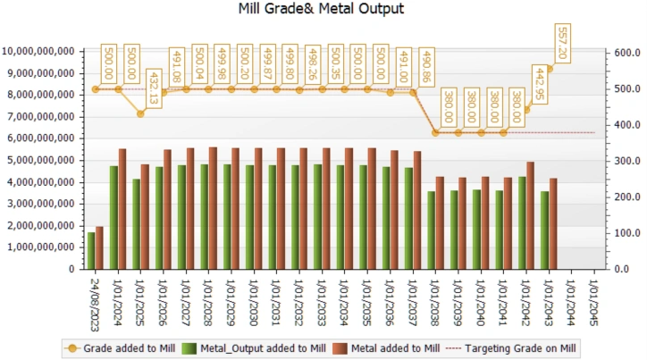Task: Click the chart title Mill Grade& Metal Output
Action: pos(322,10)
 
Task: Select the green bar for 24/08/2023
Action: pos(91,250)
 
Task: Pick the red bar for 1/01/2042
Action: pos(530,214)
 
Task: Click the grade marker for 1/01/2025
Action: pos(141,113)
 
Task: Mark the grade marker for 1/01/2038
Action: pos(435,132)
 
